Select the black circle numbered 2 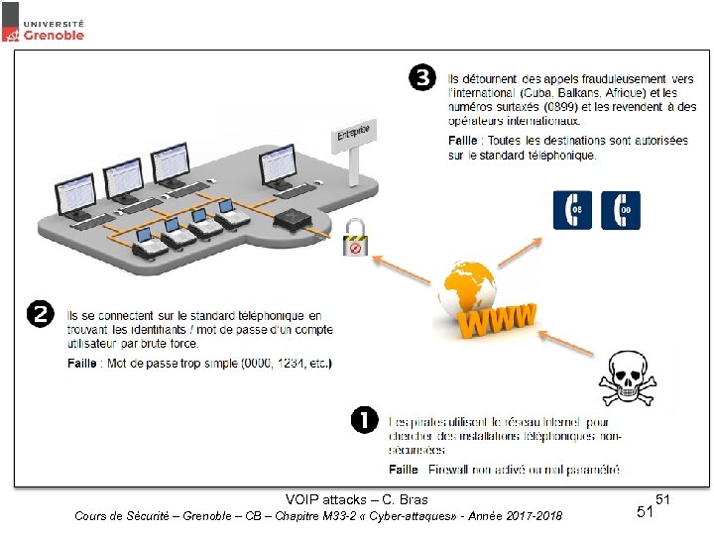40,315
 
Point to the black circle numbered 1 364,420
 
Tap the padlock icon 354,238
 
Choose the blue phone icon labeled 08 572,210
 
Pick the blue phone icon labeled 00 621,210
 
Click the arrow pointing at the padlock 402,266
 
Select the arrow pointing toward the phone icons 520,250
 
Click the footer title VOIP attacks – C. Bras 356,499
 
